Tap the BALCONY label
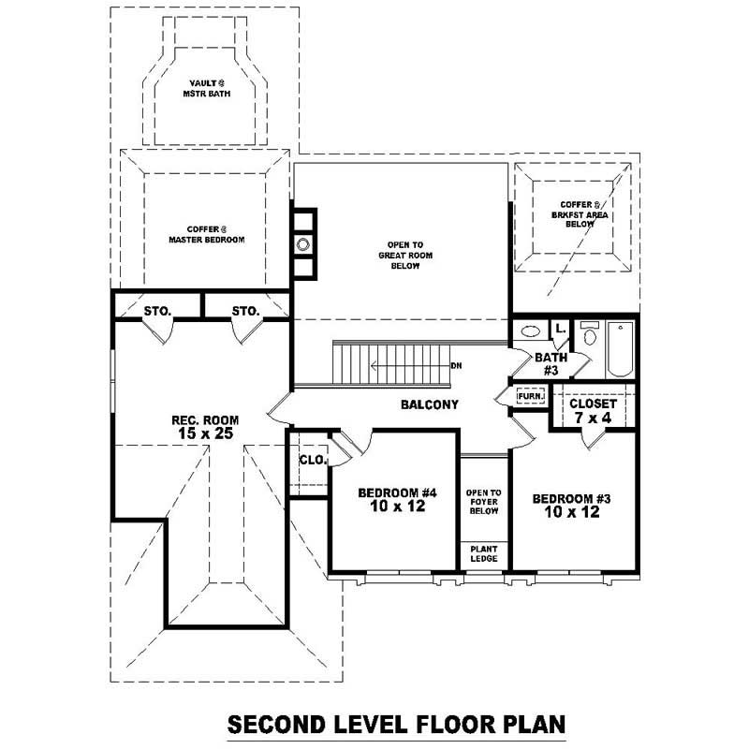(430, 404)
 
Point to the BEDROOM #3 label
(571, 506)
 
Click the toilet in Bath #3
(589, 334)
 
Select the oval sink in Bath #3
(529, 330)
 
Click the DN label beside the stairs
(456, 365)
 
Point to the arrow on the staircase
(403, 365)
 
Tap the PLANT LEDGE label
(484, 553)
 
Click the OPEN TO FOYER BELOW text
(484, 503)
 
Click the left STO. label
(156, 310)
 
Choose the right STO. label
(245, 310)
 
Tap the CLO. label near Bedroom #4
(312, 460)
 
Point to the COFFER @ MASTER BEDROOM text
(206, 234)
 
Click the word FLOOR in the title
(418, 726)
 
